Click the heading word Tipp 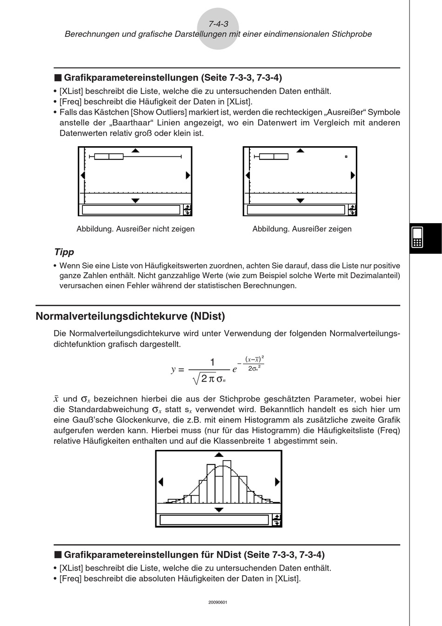click(x=64, y=252)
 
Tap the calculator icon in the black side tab click(x=417, y=238)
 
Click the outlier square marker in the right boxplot click(x=346, y=157)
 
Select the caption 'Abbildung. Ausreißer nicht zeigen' click(x=135, y=229)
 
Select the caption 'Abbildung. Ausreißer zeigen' click(x=302, y=229)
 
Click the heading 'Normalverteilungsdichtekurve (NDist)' click(x=130, y=316)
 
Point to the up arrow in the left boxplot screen click(x=135, y=150)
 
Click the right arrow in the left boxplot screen click(x=188, y=175)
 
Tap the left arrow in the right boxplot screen click(x=248, y=175)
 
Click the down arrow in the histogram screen click(x=219, y=510)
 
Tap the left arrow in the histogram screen click(x=161, y=482)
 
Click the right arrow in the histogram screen click(x=277, y=482)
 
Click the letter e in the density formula click(x=235, y=369)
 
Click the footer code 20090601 click(x=218, y=602)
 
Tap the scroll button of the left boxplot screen click(x=187, y=210)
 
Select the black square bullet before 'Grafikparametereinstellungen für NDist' click(x=58, y=555)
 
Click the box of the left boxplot click(x=109, y=156)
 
